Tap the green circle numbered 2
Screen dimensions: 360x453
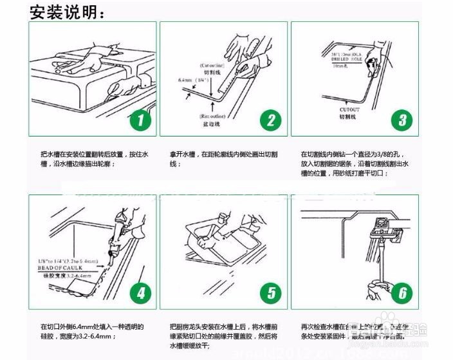pyautogui.click(x=270, y=120)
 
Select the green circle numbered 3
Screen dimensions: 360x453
pyautogui.click(x=402, y=120)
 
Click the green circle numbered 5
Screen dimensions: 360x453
pyautogui.click(x=270, y=294)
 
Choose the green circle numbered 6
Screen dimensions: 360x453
pyautogui.click(x=402, y=294)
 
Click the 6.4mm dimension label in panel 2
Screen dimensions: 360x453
pyautogui.click(x=187, y=81)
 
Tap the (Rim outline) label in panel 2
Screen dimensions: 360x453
pyautogui.click(x=213, y=115)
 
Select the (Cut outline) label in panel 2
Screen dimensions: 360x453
pyautogui.click(x=212, y=66)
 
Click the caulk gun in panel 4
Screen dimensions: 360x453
pyautogui.click(x=119, y=236)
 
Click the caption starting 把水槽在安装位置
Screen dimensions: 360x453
pyautogui.click(x=94, y=160)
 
